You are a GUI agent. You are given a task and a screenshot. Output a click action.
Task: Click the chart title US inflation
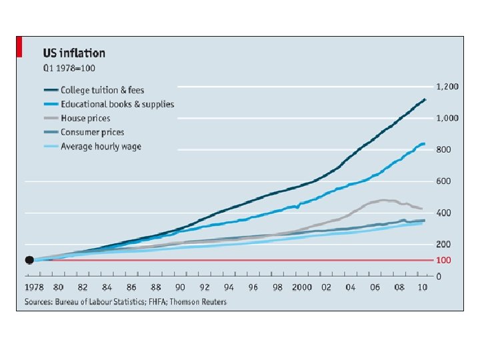coord(73,53)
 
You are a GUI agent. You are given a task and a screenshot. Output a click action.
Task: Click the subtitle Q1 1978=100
coord(65,67)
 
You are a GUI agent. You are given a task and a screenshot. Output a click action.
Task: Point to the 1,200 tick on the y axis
coord(447,87)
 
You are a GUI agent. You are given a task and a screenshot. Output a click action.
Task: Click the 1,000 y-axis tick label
coord(447,118)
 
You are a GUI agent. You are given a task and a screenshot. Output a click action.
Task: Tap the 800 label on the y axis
coord(443,150)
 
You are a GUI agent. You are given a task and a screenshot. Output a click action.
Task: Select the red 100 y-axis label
coord(443,260)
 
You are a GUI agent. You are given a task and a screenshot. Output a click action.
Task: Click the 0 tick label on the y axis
coord(439,275)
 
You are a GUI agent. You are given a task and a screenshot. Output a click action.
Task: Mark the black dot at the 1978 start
coord(29,260)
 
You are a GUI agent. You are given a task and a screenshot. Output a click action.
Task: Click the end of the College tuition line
coord(425,99)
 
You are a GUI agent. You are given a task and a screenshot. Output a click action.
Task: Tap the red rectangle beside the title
coord(20,47)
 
